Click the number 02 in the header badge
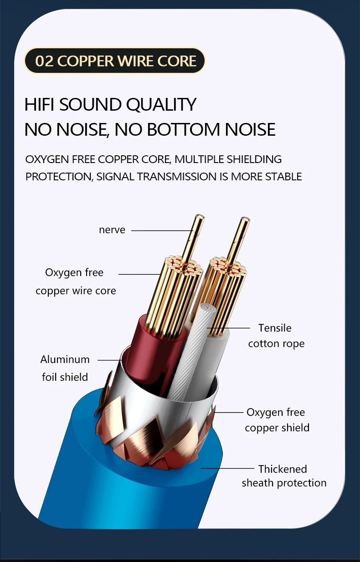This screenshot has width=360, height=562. [44, 61]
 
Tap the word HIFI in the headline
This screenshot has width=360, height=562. [40, 105]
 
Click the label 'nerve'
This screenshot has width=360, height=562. [112, 230]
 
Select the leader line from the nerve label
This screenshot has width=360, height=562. [159, 230]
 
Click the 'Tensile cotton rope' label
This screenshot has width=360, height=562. [276, 336]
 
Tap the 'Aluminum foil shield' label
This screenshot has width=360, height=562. [65, 368]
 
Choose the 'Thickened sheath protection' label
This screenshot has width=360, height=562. [283, 475]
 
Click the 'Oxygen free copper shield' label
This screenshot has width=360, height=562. [277, 420]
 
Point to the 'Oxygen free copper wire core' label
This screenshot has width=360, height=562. [76, 281]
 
